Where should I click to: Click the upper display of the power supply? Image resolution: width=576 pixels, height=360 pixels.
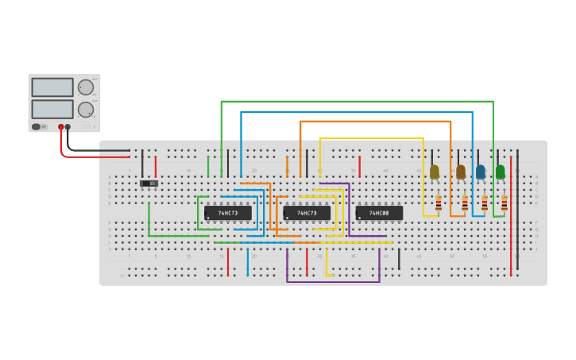click(52, 87)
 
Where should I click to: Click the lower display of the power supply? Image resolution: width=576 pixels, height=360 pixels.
click(52, 109)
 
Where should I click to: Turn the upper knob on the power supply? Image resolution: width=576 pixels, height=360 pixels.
click(85, 87)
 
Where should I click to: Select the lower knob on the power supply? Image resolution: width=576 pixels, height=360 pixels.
click(85, 110)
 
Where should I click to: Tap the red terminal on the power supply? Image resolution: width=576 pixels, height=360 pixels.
click(60, 127)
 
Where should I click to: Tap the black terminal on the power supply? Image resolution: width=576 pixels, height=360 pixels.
click(68, 127)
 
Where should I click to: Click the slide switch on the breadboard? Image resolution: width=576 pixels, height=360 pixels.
click(149, 184)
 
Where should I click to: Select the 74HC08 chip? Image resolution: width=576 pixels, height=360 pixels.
click(379, 213)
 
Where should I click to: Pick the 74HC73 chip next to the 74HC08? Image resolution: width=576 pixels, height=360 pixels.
click(307, 213)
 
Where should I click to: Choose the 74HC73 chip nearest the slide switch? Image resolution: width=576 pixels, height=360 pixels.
click(228, 213)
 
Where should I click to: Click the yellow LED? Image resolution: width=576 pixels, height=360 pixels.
click(435, 172)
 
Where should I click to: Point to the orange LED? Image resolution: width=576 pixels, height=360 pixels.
click(461, 172)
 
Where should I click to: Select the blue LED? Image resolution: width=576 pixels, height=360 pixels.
click(481, 172)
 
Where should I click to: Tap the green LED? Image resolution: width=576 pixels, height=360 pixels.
click(501, 172)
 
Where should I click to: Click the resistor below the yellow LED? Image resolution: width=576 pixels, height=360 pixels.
click(438, 203)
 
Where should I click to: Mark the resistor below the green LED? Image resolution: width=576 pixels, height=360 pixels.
click(504, 203)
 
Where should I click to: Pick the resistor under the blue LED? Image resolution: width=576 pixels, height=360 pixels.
click(484, 203)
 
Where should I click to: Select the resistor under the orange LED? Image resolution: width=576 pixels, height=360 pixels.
click(465, 203)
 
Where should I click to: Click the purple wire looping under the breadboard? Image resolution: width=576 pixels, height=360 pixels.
click(334, 281)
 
